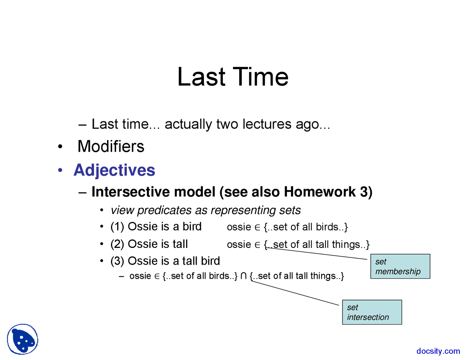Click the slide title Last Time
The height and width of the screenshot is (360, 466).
pyautogui.click(x=233, y=77)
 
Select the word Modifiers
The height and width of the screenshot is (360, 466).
pyautogui.click(x=111, y=146)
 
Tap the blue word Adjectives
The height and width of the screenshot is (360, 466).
pyautogui.click(x=114, y=170)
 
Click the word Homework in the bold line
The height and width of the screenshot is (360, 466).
pyautogui.click(x=320, y=191)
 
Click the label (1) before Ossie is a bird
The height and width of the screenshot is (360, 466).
pyautogui.click(x=117, y=227)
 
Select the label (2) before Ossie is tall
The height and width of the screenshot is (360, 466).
pyautogui.click(x=117, y=244)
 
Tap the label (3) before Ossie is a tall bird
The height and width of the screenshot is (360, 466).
pyautogui.click(x=117, y=261)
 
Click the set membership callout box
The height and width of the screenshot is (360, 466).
pyautogui.click(x=400, y=266)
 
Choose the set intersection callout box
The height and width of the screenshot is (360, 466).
pyautogui.click(x=372, y=312)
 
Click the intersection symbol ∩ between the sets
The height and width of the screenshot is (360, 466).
pyautogui.click(x=244, y=276)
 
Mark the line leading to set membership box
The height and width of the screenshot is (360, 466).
pyautogui.click(x=316, y=254)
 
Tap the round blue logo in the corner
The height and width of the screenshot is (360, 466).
pyautogui.click(x=23, y=339)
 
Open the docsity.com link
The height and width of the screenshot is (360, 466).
pyautogui.click(x=438, y=351)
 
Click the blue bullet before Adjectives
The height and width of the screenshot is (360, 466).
pyautogui.click(x=60, y=170)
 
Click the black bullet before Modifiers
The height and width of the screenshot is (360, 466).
pyautogui.click(x=60, y=147)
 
